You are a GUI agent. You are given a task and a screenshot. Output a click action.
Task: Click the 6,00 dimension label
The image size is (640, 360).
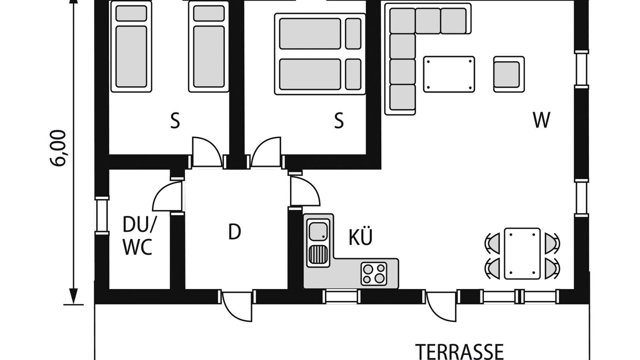point(58,148)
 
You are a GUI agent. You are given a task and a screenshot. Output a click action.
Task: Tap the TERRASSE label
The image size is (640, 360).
point(459,352)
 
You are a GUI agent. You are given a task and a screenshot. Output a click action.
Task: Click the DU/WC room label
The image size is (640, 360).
point(138,235)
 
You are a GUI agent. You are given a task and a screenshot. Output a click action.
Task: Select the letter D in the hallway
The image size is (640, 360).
point(234,231)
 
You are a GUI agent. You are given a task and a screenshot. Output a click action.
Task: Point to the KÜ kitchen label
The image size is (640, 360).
point(360,236)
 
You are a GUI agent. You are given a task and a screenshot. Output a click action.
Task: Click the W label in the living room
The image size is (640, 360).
point(541,120)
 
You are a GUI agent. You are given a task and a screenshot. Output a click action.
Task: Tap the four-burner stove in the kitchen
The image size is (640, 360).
point(373,273)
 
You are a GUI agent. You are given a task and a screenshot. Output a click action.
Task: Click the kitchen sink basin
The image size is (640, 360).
point(318,231)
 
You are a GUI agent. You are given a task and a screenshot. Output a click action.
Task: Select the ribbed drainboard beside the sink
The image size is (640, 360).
point(317,254)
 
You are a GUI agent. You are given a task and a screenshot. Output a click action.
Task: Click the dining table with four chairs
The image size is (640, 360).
point(522,253)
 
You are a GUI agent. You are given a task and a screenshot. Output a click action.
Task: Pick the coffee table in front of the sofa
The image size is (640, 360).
point(449,74)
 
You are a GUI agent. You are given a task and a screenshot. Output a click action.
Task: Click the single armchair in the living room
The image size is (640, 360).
point(509,74)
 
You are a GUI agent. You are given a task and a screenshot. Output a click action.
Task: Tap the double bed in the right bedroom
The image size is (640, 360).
point(320,54)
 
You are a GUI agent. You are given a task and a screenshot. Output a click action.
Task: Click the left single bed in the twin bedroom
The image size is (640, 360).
point(131,46)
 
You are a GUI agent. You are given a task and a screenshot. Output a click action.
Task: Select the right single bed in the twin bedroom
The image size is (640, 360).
point(209,46)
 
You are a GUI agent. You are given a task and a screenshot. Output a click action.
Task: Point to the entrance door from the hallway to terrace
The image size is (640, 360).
point(236,306)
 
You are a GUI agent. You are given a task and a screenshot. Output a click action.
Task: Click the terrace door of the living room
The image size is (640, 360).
point(440,306)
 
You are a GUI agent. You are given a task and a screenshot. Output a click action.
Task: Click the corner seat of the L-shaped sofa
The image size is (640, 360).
point(402,21)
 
